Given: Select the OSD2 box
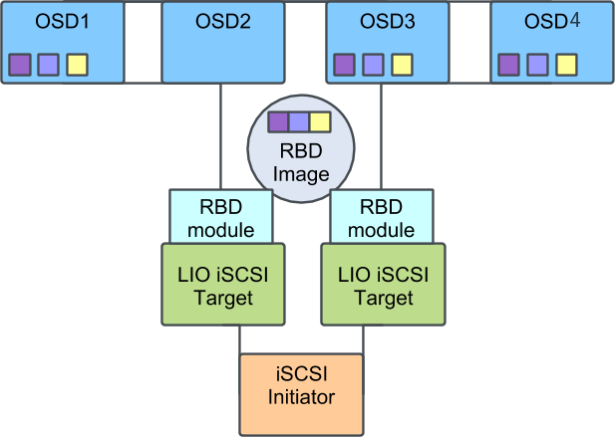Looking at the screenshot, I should click(221, 42).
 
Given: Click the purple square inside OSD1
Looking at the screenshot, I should click(20, 65).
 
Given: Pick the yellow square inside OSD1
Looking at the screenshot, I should click(77, 65).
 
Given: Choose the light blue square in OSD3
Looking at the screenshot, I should click(373, 65).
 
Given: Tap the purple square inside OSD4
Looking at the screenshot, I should click(508, 65).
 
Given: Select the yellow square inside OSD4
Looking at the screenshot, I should click(565, 65).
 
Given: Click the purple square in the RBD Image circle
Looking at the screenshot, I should click(279, 122).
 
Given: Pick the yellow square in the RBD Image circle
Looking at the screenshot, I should click(319, 122).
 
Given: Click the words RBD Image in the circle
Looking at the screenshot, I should click(300, 163).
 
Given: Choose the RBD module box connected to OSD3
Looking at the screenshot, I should click(382, 217).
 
